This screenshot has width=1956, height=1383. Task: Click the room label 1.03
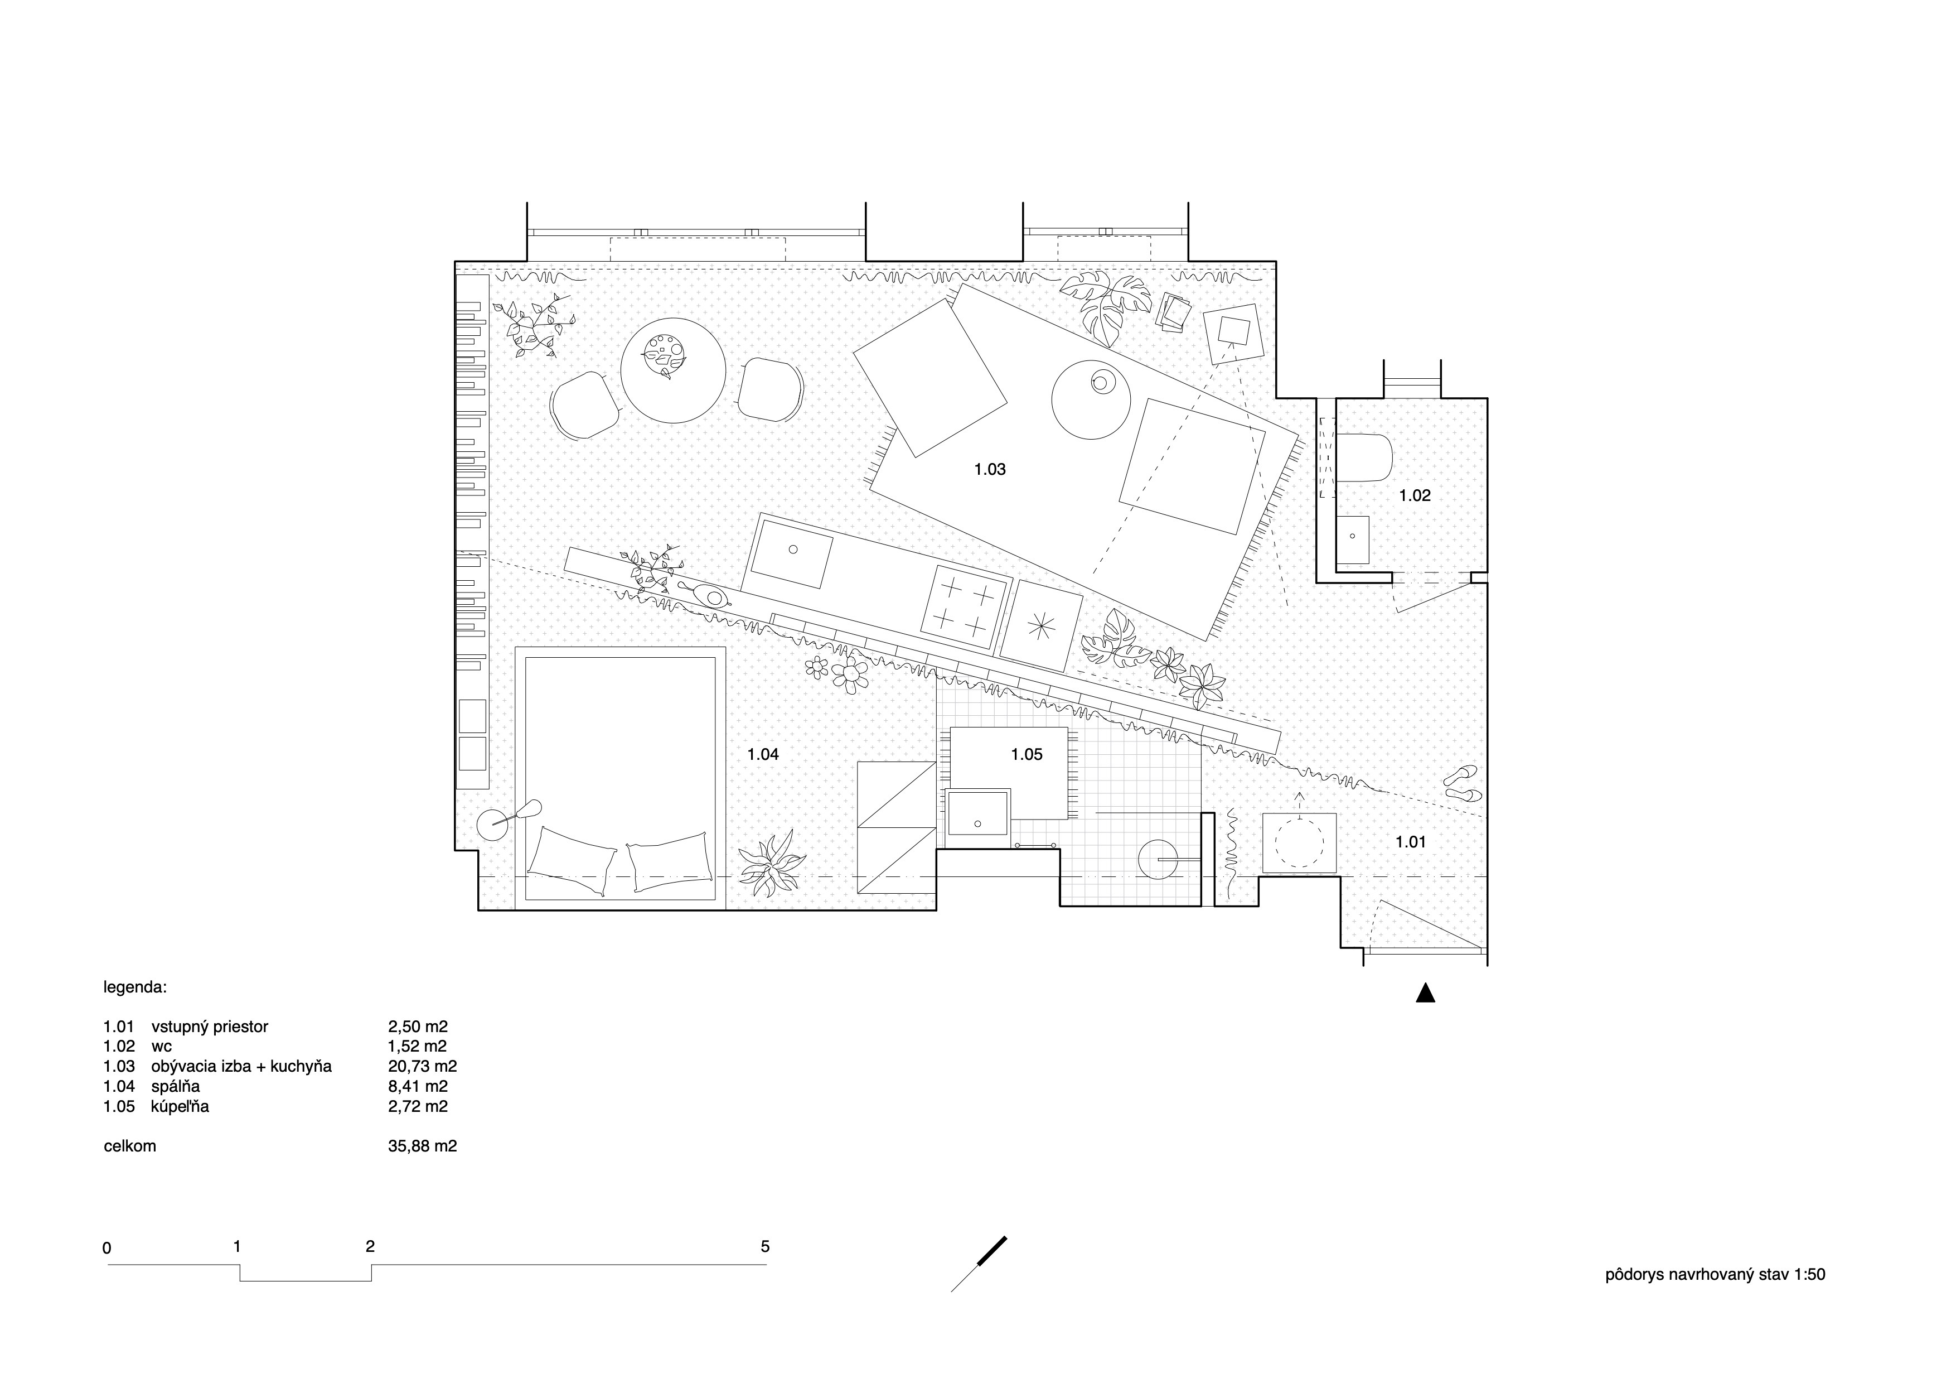click(x=990, y=469)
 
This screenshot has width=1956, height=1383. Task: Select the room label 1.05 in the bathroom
click(x=1027, y=754)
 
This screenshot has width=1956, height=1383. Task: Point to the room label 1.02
click(x=1415, y=495)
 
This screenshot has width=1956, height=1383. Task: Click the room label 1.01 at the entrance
click(x=1411, y=842)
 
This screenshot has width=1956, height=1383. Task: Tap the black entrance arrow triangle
click(x=1425, y=992)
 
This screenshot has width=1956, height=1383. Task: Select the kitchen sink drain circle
click(x=793, y=550)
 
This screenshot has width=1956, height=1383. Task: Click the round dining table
click(x=673, y=370)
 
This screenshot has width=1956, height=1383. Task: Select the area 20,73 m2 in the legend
click(x=423, y=1066)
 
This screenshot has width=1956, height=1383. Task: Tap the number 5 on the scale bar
click(x=765, y=1247)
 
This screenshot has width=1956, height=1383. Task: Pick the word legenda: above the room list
click(x=135, y=989)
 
